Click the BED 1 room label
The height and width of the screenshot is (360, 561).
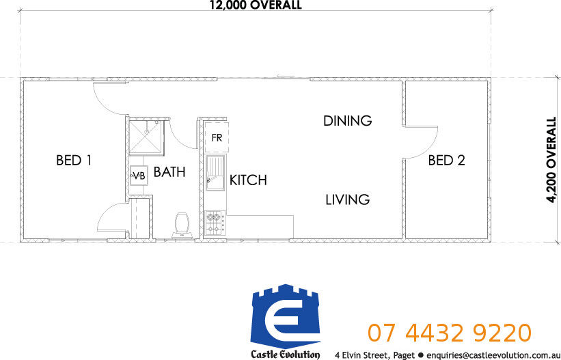pos(74,160)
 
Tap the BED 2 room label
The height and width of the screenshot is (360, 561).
pos(446,160)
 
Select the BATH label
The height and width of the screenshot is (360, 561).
pos(169,172)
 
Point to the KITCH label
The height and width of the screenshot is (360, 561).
pos(248,180)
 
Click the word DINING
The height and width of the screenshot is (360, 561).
pos(347,121)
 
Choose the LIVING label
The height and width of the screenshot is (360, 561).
pos(347,199)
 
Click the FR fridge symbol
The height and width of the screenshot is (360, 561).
pos(217,137)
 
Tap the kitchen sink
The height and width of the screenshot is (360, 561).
pos(215,173)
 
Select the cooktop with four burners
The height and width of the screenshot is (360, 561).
pos(215,223)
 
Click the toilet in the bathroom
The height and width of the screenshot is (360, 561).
pos(182,225)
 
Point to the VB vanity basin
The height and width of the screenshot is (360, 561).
pos(139,176)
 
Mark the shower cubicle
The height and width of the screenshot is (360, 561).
pos(146,137)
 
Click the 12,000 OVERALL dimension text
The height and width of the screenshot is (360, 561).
pos(256,5)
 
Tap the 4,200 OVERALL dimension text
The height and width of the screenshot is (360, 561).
pos(551,160)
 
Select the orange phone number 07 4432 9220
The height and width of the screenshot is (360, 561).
pos(450,333)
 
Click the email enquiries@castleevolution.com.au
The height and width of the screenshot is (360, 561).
pos(493,355)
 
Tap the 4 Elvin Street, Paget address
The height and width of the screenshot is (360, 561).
pos(374,355)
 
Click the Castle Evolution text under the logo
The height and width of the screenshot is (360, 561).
pos(285,355)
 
